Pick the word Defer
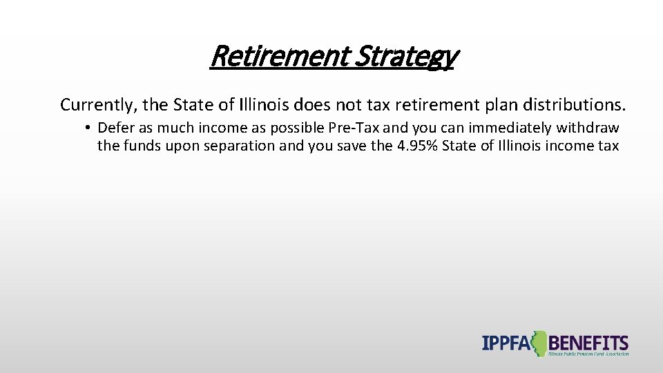pyautogui.click(x=115, y=128)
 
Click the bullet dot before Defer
pyautogui.click(x=89, y=128)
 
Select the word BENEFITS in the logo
pyautogui.click(x=588, y=342)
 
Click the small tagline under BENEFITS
pyautogui.click(x=588, y=354)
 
